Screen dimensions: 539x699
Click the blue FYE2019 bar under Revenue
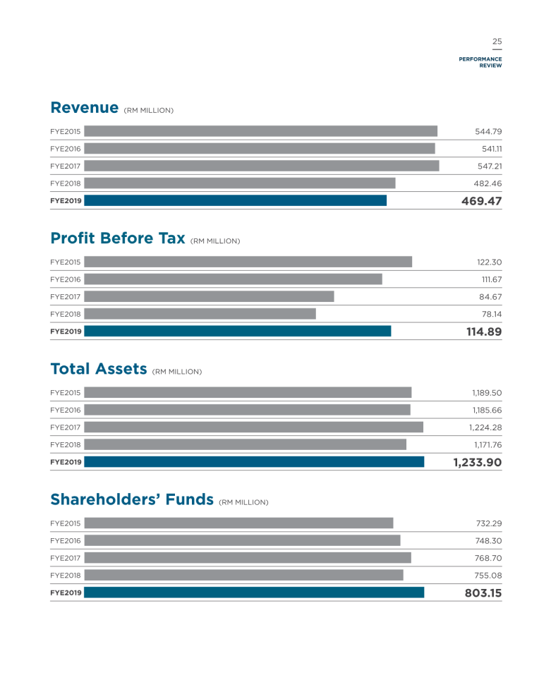tap(236, 200)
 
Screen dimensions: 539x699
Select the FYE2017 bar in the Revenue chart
tap(262, 166)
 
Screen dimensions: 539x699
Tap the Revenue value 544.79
tap(488, 131)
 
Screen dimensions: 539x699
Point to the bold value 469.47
tap(481, 201)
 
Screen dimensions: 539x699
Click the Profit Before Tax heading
tap(118, 238)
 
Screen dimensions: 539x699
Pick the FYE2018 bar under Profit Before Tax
tap(200, 314)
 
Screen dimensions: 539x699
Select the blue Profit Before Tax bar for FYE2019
tap(238, 332)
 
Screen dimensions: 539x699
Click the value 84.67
tap(490, 297)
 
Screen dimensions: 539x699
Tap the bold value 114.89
tap(484, 332)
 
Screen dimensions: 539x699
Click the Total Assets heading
tap(99, 369)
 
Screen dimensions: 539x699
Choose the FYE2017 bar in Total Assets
tap(254, 427)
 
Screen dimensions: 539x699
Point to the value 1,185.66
tap(487, 410)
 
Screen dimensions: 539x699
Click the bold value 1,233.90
tap(478, 462)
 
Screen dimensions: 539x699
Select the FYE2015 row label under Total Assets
tap(66, 393)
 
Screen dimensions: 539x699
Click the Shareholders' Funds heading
tap(132, 499)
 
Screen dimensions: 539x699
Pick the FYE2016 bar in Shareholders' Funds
tap(243, 540)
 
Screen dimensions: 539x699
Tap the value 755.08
tap(488, 576)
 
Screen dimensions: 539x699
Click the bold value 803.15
tap(483, 593)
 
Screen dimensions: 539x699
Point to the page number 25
tap(497, 42)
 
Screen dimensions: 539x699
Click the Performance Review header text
tap(480, 62)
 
